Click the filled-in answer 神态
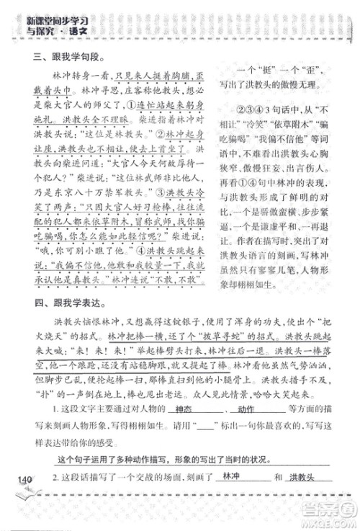coord(185,429)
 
